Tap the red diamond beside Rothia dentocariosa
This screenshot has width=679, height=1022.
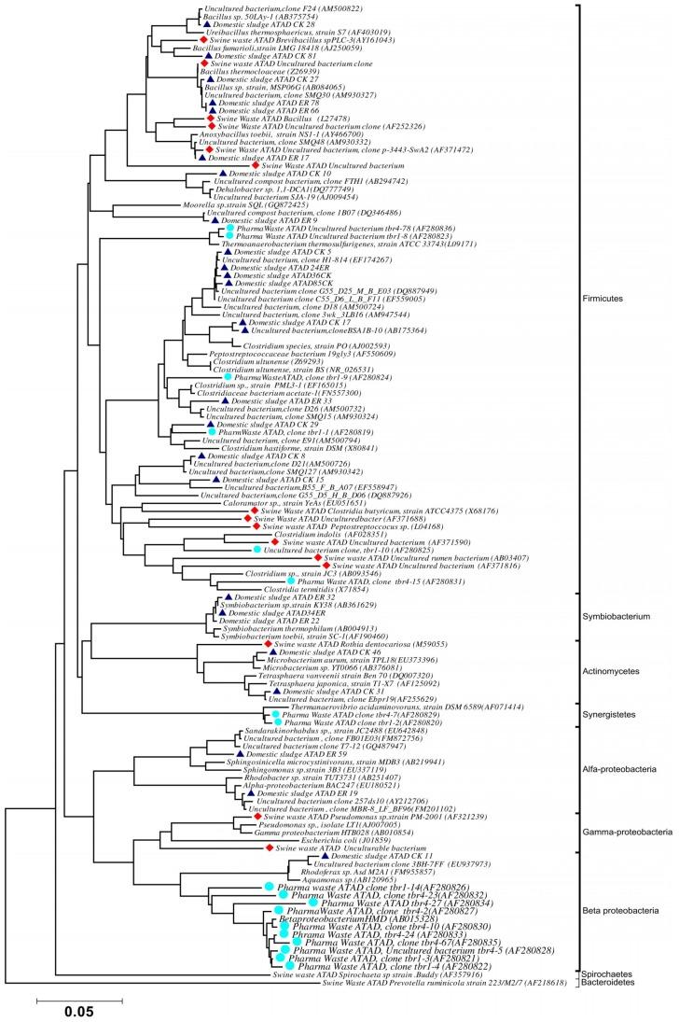pyautogui.click(x=268, y=644)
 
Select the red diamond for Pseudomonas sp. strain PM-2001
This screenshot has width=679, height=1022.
pyautogui.click(x=257, y=816)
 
